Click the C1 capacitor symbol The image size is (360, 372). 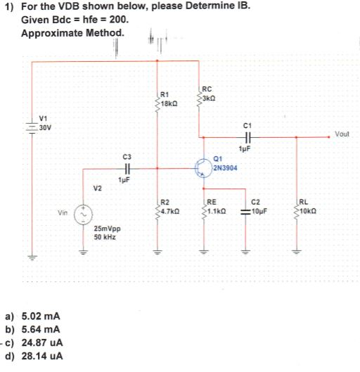pos(246,138)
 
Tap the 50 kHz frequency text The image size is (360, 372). pos(105,237)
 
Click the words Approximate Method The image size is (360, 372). pos(74,33)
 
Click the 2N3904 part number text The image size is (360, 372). pos(224,169)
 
